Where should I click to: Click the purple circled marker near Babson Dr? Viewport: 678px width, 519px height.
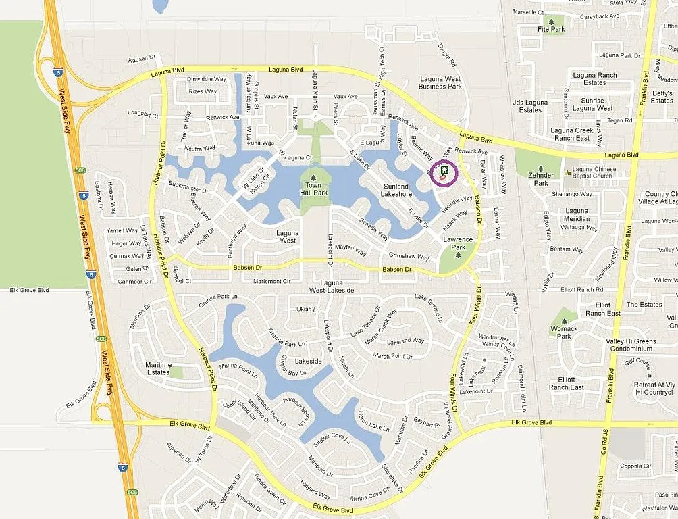(444, 172)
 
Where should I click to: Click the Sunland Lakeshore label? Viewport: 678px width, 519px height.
(396, 190)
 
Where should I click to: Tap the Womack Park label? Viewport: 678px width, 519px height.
(563, 332)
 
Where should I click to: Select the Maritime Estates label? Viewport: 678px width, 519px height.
(158, 368)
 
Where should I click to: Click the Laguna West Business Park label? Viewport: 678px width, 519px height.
(440, 82)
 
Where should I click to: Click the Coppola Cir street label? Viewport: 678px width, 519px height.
(635, 466)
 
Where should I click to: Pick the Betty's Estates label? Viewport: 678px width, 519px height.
(662, 97)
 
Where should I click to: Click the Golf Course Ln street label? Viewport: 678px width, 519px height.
(639, 368)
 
